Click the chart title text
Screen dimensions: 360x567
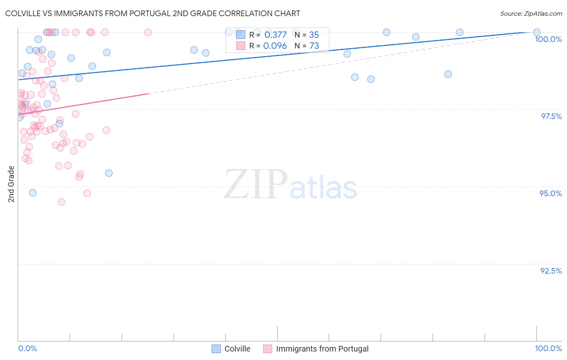coord(152,13)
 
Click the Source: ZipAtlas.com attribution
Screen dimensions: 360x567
coord(531,13)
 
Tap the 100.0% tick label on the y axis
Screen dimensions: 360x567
coord(548,39)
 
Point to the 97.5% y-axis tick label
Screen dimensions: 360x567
coord(551,116)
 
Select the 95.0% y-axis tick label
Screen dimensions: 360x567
coord(550,193)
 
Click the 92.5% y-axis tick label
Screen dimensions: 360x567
coord(551,271)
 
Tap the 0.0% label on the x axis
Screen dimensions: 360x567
coord(27,348)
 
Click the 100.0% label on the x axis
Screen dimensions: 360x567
coord(548,348)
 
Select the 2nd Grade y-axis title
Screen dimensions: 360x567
coord(11,184)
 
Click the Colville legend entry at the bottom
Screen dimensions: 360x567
coord(231,349)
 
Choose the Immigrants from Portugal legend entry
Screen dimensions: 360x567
coord(316,349)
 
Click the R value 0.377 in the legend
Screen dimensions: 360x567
coord(275,35)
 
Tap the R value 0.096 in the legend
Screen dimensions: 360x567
coord(275,46)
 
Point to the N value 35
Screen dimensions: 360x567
coord(314,35)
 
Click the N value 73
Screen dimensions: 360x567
coord(314,46)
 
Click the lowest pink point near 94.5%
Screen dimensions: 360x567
coord(61,202)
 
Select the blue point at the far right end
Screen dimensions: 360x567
coord(536,32)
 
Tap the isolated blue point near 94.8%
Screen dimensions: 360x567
coord(33,193)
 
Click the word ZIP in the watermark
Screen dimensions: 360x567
coord(255,184)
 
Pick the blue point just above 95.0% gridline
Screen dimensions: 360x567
coord(108,173)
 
